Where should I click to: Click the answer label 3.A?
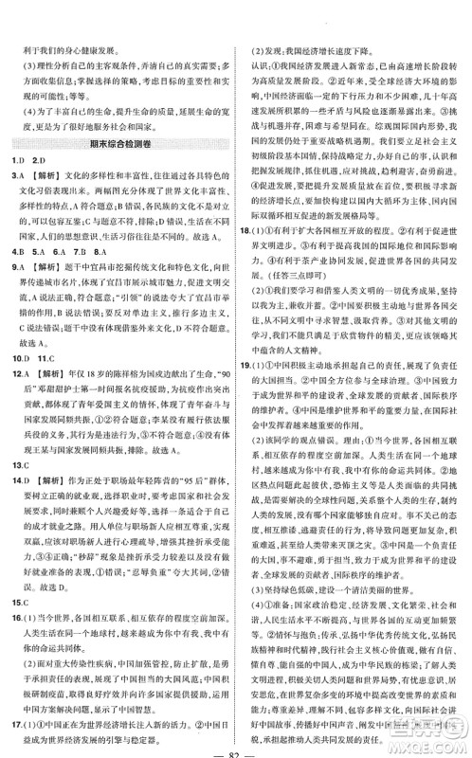16,177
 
